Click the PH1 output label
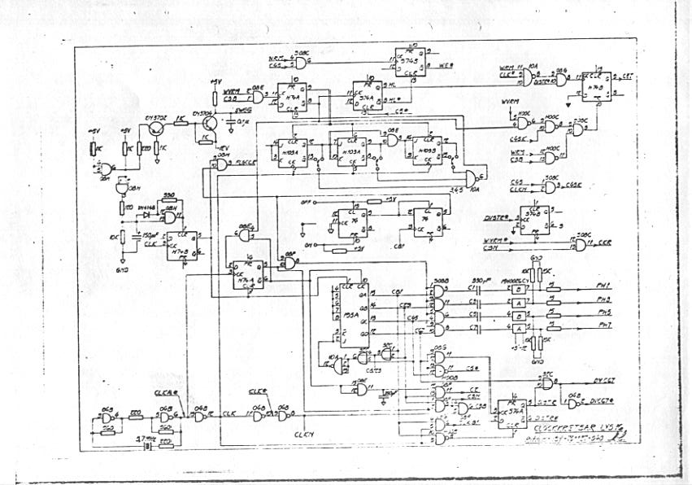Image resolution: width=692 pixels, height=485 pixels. [x=603, y=284]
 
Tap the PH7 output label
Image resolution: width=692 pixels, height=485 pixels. [x=603, y=326]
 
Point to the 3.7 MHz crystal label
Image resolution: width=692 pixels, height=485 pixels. [x=146, y=437]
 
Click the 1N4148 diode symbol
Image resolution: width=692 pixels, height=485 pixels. [x=148, y=216]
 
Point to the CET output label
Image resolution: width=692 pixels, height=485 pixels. [x=629, y=76]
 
